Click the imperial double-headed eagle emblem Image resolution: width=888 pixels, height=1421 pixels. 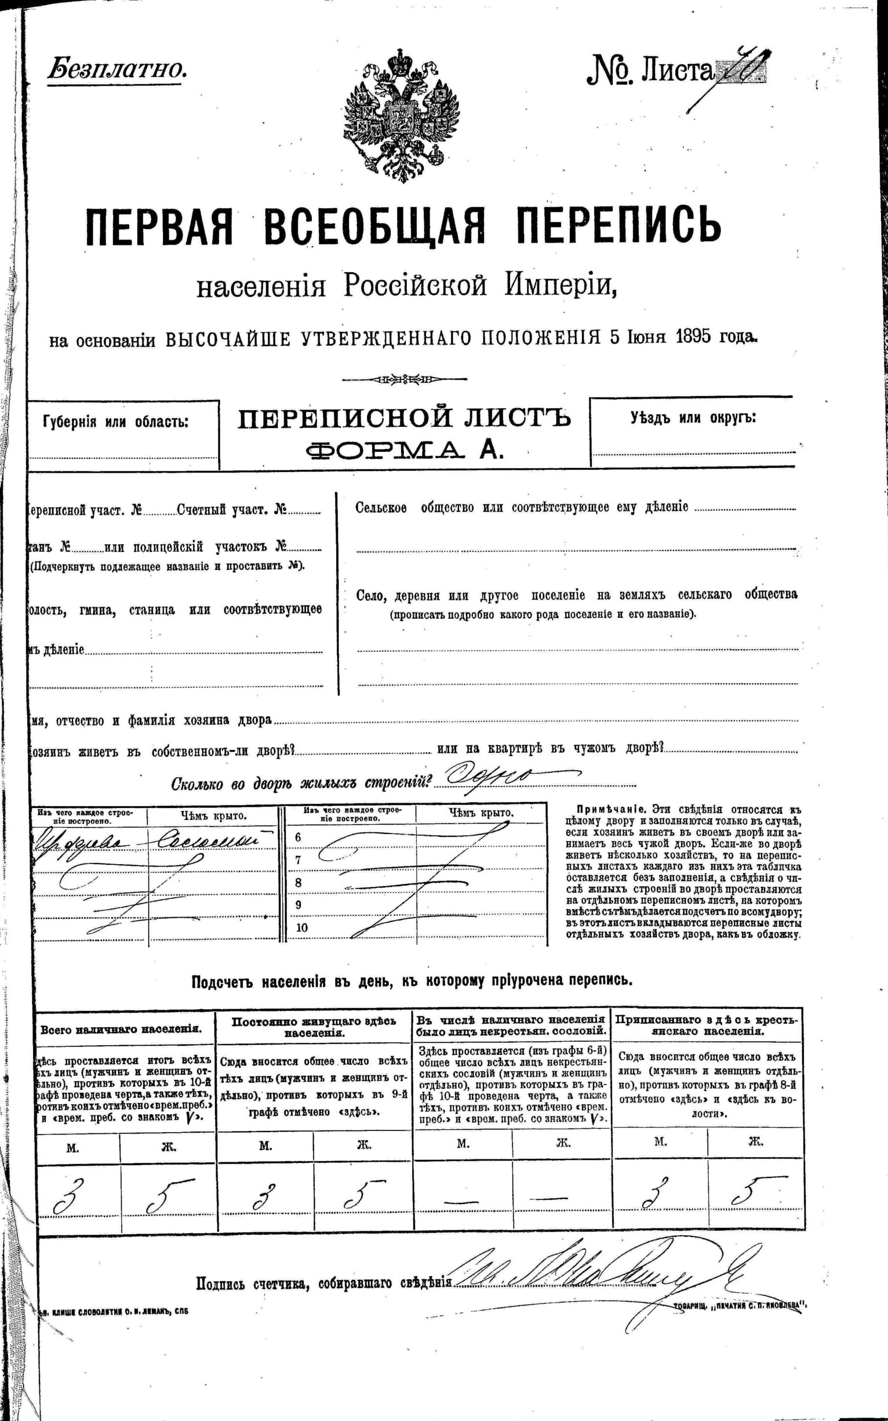(x=402, y=113)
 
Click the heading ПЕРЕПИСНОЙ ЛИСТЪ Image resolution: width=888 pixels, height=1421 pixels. (x=404, y=419)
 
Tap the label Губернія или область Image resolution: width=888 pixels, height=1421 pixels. (x=116, y=422)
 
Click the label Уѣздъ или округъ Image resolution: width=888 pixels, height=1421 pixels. (x=693, y=418)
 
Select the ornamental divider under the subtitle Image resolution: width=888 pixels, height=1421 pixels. (x=403, y=379)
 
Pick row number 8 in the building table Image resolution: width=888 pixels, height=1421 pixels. (x=299, y=883)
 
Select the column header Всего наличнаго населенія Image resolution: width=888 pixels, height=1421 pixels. (x=122, y=1029)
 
